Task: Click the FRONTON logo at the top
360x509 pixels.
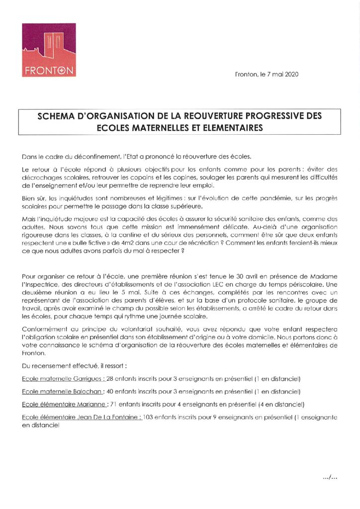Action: coord(49,50)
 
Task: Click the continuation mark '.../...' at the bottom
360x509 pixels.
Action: coord(330,477)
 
